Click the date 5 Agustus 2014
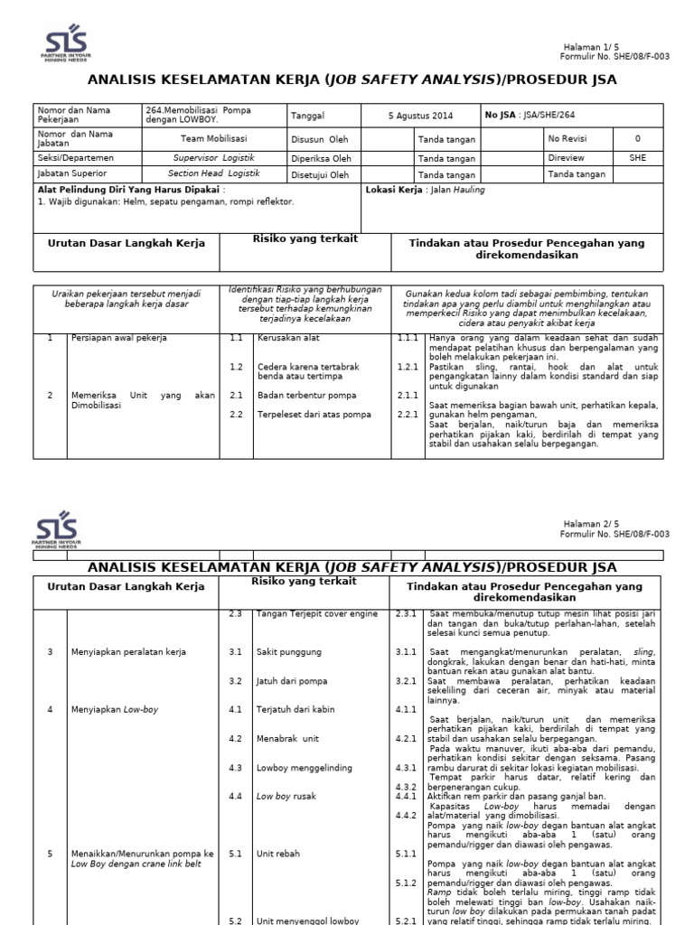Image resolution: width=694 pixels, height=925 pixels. (x=420, y=116)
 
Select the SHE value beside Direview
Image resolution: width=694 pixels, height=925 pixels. (x=637, y=157)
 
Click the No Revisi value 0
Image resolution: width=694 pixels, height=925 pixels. (x=637, y=139)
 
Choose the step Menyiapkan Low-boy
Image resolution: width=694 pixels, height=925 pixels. (x=115, y=709)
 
